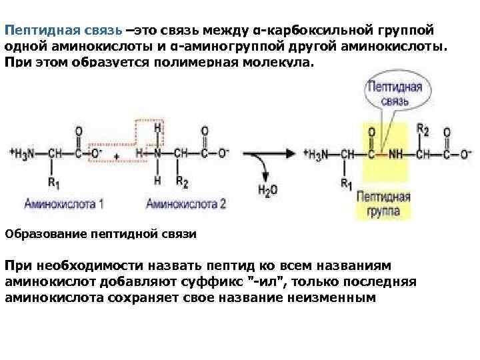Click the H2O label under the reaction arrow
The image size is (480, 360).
[266, 189]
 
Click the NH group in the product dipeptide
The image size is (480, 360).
[396, 153]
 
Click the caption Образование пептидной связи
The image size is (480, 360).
[100, 234]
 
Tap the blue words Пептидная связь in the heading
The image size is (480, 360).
[63, 31]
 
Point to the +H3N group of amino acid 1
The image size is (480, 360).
[24, 153]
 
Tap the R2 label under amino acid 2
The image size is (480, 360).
[182, 180]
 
